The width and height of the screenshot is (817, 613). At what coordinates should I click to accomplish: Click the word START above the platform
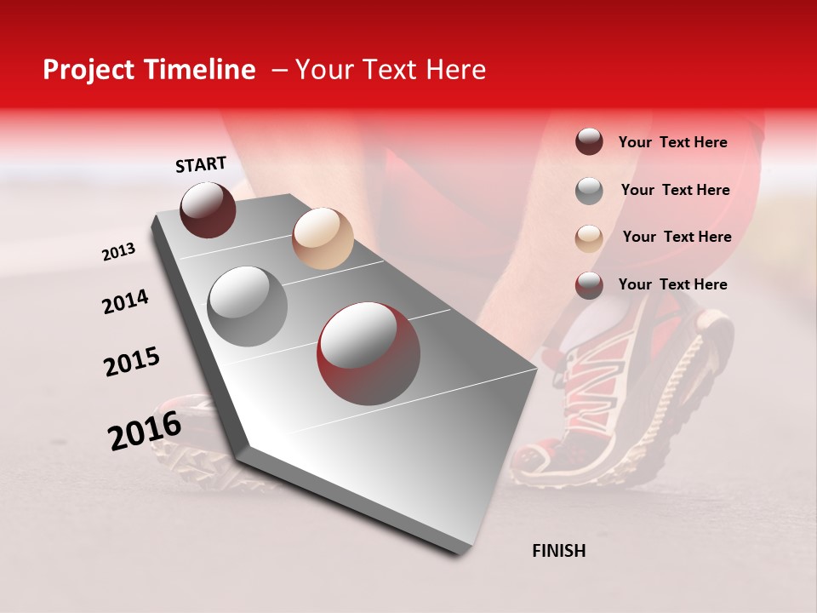click(201, 164)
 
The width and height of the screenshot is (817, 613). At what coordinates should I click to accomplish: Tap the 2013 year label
click(118, 252)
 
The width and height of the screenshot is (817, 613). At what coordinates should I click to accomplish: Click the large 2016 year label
click(145, 430)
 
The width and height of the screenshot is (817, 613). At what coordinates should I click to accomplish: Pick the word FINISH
click(558, 551)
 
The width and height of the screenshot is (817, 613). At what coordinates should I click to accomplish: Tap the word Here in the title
click(454, 70)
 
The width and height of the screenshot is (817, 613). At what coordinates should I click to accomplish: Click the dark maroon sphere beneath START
click(208, 209)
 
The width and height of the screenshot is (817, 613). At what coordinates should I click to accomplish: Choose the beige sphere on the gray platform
click(323, 238)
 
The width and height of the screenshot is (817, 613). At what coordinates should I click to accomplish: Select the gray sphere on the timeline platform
click(247, 306)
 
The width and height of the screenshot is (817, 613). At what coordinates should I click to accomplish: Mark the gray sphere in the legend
click(589, 191)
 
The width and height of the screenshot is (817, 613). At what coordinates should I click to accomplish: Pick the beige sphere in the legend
click(589, 238)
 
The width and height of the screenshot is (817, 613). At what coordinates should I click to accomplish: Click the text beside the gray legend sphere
click(675, 190)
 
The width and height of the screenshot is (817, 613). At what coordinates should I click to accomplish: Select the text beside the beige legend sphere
click(677, 237)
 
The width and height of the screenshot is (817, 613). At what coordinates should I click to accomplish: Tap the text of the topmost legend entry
click(672, 142)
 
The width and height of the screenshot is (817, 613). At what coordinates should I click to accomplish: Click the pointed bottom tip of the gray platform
click(460, 552)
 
